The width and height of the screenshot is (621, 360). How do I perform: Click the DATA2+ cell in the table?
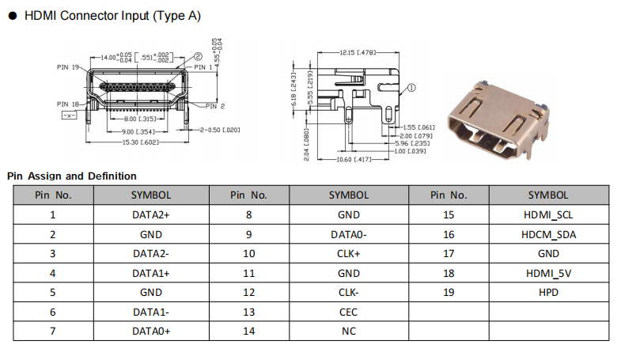click(x=151, y=214)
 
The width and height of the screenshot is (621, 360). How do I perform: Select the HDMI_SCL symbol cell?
click(x=547, y=214)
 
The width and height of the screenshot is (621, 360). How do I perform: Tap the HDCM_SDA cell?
click(x=547, y=234)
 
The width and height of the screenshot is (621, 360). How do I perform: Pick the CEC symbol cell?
click(x=349, y=312)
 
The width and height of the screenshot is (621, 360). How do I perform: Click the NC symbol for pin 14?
click(x=349, y=332)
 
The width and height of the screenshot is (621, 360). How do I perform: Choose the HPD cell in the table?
click(x=547, y=292)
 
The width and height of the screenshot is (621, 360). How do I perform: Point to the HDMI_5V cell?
click(x=547, y=273)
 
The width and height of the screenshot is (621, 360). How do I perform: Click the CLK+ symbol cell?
click(x=349, y=253)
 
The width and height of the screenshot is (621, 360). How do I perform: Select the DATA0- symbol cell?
click(x=349, y=234)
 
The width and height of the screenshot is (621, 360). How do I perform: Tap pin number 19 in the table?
click(x=449, y=292)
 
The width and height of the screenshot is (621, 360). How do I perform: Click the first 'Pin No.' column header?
click(x=52, y=195)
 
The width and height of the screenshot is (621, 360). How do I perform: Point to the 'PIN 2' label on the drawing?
click(x=216, y=106)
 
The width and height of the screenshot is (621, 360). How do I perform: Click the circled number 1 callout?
click(x=412, y=89)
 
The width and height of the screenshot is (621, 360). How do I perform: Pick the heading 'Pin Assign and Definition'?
click(x=71, y=176)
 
